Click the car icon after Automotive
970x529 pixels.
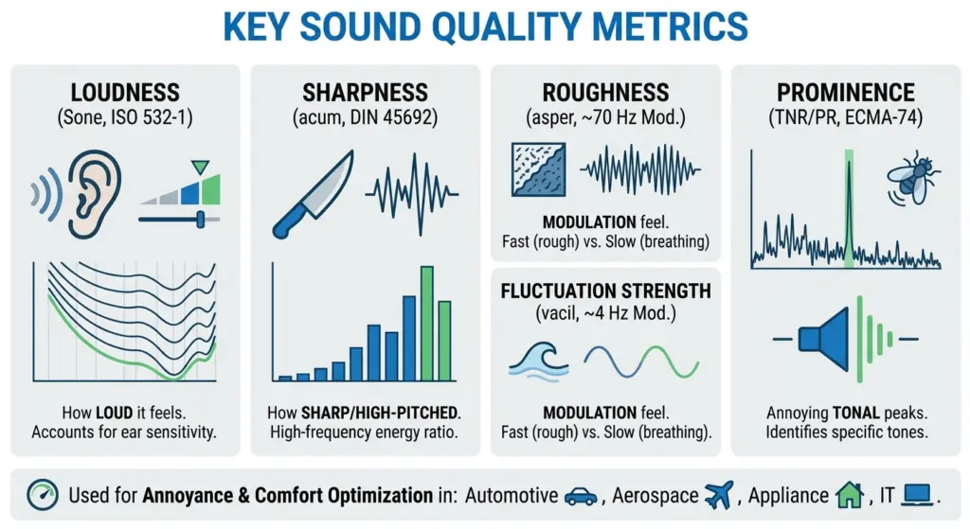coord(580,495)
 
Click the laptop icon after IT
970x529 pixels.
coord(917,494)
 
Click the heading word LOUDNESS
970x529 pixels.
coord(124,93)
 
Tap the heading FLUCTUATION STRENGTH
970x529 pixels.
coord(605,290)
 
